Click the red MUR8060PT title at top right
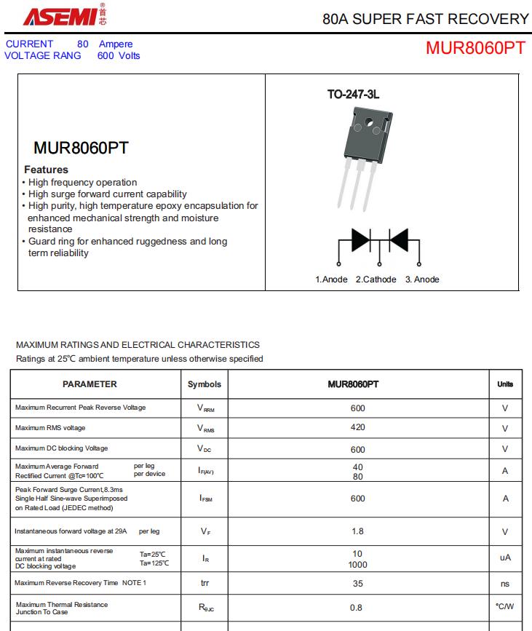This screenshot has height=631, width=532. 475,48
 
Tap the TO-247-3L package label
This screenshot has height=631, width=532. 354,95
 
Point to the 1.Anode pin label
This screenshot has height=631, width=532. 331,279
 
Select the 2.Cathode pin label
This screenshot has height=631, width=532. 376,279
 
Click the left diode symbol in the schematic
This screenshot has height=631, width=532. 361,240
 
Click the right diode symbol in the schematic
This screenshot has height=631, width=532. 398,240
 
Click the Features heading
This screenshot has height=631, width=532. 46,170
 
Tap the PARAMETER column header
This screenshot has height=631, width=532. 90,384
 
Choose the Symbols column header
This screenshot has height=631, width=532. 205,384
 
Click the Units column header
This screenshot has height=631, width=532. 505,384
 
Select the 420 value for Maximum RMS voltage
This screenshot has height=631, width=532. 357,427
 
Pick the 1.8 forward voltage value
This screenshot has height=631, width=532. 357,531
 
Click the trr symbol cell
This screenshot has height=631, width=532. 205,583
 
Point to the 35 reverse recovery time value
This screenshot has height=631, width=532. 357,583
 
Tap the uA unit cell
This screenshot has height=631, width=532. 505,557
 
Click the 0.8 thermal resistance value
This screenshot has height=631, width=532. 357,607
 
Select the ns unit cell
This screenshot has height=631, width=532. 505,583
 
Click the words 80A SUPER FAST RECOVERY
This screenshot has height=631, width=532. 426,19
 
